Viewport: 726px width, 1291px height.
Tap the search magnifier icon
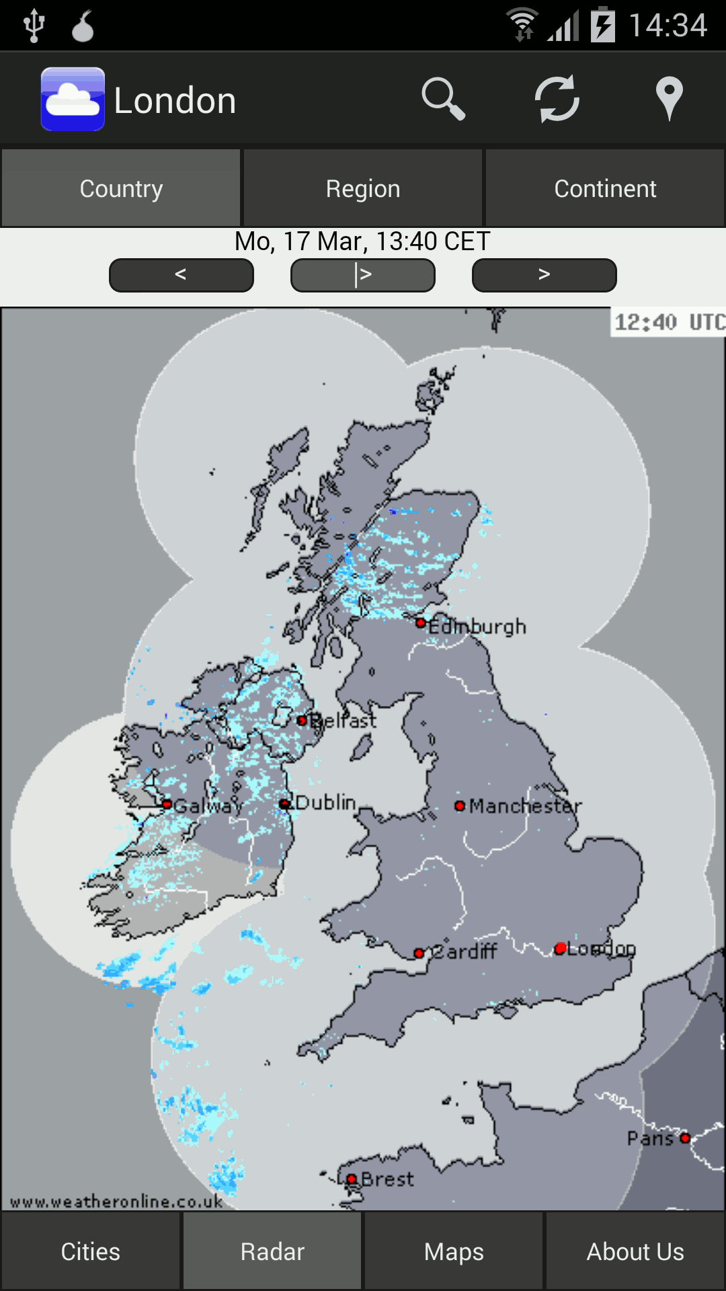tap(443, 100)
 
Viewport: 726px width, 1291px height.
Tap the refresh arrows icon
tap(557, 100)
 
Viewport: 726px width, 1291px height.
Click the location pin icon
tap(669, 100)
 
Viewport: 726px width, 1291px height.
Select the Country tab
tap(121, 189)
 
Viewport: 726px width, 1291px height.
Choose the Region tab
tap(363, 189)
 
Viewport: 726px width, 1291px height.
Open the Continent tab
tap(605, 189)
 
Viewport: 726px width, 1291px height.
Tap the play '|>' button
tap(363, 275)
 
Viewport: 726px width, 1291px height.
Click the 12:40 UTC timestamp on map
tap(668, 323)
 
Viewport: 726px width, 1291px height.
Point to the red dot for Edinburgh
tap(421, 623)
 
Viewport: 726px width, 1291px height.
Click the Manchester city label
tap(525, 806)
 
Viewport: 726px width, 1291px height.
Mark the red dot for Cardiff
tap(419, 953)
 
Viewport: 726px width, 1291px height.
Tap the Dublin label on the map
tap(326, 803)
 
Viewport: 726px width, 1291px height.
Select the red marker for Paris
tap(685, 1138)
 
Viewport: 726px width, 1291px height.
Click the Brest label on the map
tap(387, 1179)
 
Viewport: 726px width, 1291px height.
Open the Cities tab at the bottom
tap(91, 1252)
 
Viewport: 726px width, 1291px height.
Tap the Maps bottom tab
tap(454, 1252)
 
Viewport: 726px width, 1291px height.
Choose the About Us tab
tap(635, 1252)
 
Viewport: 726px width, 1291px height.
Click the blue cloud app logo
tap(73, 100)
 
